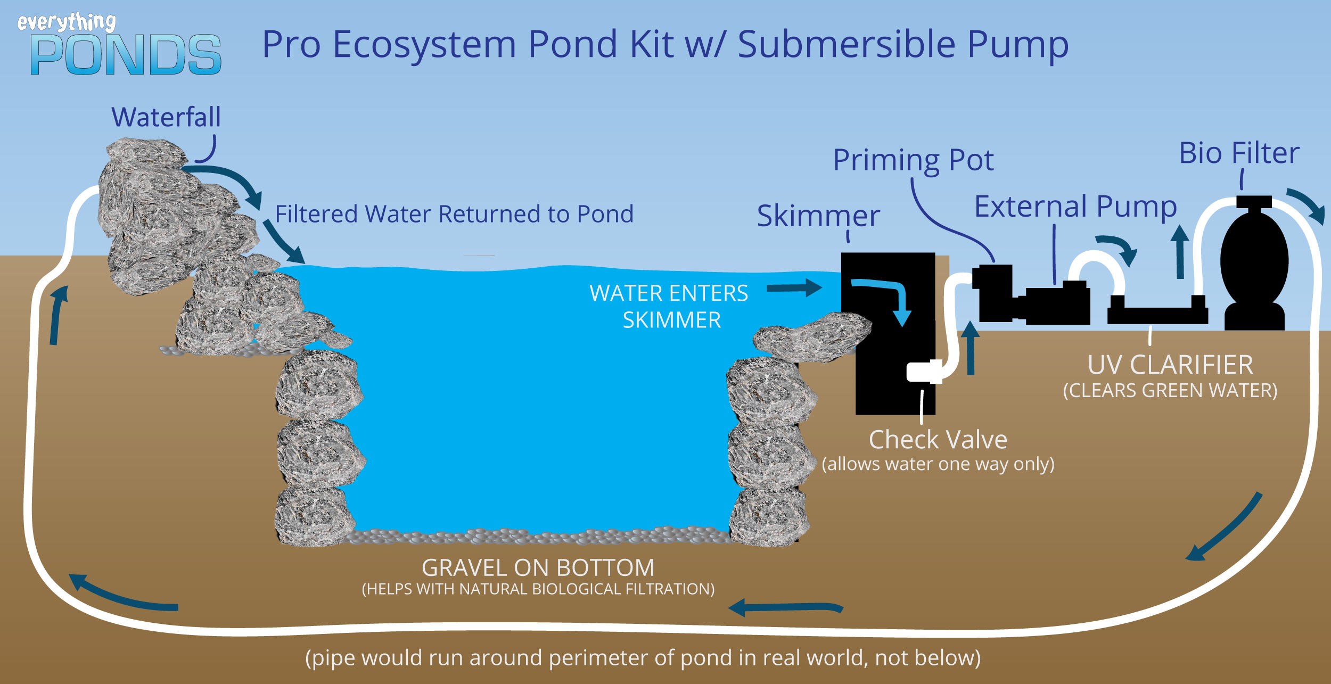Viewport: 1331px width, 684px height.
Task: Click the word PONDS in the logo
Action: point(126,55)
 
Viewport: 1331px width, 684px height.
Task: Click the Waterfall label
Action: point(166,117)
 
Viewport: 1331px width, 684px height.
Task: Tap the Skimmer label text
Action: point(818,216)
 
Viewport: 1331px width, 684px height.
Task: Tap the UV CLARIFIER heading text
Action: point(1170,365)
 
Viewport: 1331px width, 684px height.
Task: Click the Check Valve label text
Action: point(938,440)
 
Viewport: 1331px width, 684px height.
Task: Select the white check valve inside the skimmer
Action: point(924,372)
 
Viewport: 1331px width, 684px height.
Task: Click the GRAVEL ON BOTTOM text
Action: point(538,567)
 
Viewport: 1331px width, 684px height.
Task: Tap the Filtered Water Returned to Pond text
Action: point(454,214)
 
